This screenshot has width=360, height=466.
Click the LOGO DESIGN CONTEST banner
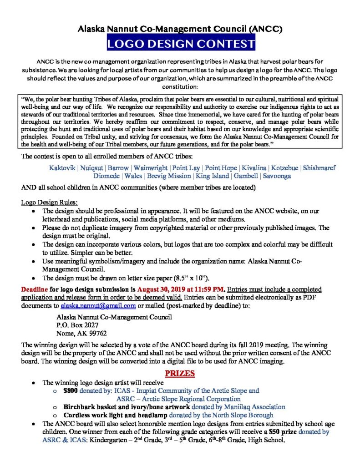tap(181, 45)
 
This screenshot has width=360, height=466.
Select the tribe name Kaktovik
tap(62, 168)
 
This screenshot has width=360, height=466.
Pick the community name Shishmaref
tap(319, 168)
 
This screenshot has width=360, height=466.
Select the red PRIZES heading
tap(180, 373)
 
